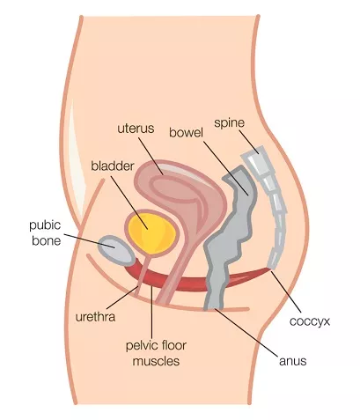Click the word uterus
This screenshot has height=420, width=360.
pos(136,129)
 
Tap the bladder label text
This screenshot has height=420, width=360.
pos(113,166)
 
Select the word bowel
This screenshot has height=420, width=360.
pos(186,133)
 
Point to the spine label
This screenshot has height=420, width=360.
pos(229,123)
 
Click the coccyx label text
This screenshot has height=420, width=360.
pos(310,321)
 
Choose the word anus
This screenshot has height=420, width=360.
pos(292,361)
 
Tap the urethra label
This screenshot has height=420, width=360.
pos(95,317)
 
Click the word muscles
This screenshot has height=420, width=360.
pos(156,361)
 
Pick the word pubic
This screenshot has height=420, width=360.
pos(45,225)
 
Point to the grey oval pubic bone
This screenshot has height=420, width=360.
pos(116,250)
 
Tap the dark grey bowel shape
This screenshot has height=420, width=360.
pos(231,238)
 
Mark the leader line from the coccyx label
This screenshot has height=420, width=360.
pos(286,291)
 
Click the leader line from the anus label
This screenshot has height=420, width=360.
pos(246,333)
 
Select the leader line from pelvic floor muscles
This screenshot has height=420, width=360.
pos(151,313)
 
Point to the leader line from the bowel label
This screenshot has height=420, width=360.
pos(226,168)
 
